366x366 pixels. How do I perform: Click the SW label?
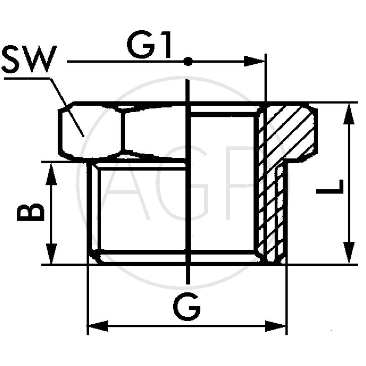(28, 59)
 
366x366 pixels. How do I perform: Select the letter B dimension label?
(31, 213)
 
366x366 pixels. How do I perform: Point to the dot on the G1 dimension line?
(188, 61)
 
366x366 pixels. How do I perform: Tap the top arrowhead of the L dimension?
(350, 112)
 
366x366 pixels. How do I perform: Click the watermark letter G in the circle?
(183, 183)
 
